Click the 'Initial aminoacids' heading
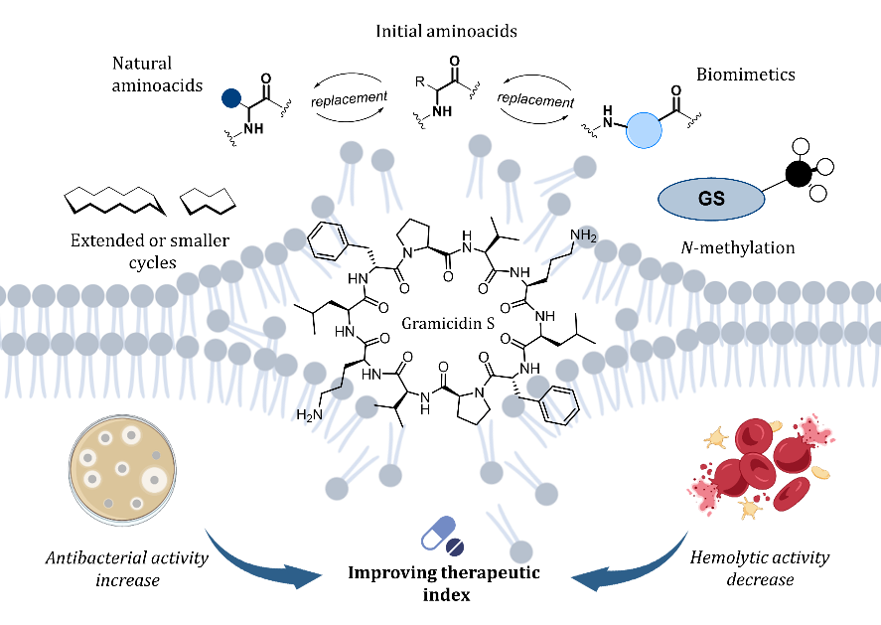click(x=446, y=32)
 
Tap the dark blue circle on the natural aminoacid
click(x=230, y=98)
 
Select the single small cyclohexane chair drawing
click(x=208, y=203)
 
